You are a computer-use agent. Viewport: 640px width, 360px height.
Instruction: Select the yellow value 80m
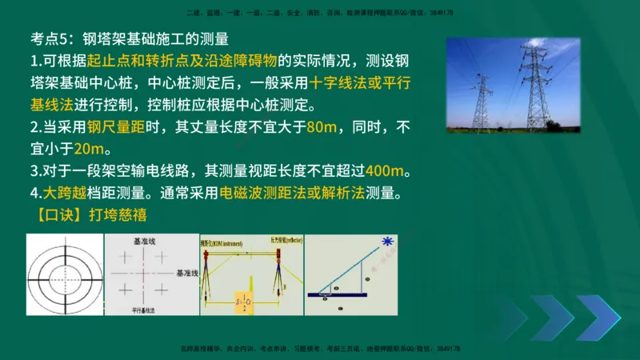[x=323, y=126]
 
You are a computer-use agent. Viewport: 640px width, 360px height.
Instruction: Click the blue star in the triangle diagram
[x=389, y=241]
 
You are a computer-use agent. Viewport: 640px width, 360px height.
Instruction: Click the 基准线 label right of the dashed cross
[x=186, y=273]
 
